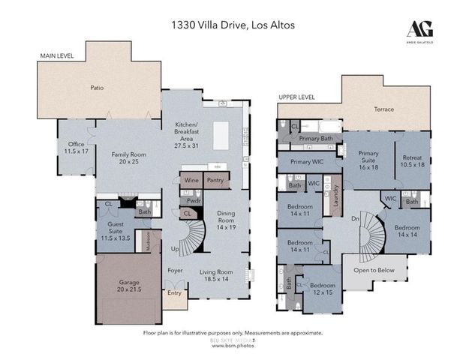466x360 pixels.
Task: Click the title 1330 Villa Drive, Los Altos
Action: click(232, 25)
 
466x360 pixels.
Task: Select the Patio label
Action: click(96, 88)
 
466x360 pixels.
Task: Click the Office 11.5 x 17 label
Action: click(77, 148)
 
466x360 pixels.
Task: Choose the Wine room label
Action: click(191, 181)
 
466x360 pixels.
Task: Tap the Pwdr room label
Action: click(194, 201)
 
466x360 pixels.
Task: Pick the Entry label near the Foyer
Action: click(174, 293)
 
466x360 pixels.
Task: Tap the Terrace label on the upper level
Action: click(383, 109)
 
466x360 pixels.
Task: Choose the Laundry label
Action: click(337, 196)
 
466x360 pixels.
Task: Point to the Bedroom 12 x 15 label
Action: click(323, 288)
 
